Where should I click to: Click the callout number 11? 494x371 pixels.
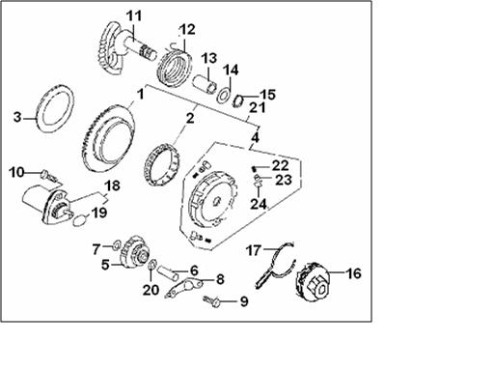[x=133, y=15]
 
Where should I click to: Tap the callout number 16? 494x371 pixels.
[x=353, y=273]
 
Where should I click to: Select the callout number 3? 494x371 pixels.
[x=17, y=117]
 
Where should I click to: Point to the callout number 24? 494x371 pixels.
[x=259, y=204]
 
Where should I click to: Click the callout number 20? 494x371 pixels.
[x=151, y=290]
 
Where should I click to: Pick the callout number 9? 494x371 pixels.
[x=244, y=301]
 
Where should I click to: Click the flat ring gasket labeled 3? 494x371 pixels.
[x=56, y=107]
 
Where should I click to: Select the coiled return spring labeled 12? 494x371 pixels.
[x=175, y=66]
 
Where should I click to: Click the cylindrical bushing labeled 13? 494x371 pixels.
[x=205, y=84]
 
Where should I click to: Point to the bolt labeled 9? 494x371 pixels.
[x=211, y=301]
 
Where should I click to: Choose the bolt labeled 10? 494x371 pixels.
[x=48, y=176]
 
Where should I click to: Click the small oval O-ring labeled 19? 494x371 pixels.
[x=79, y=221]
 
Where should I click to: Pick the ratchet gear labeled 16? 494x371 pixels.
[x=314, y=282]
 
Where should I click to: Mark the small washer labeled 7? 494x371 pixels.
[x=116, y=246]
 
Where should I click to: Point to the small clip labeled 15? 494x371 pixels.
[x=238, y=100]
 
